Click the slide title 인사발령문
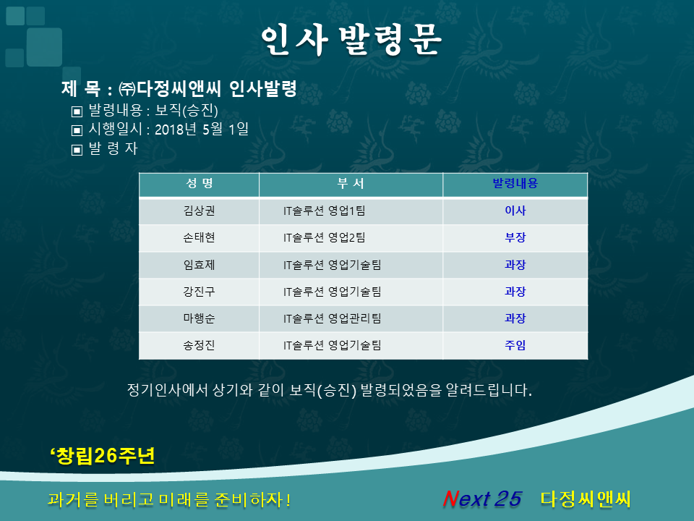[351, 40]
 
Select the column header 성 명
[200, 183]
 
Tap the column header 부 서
[351, 183]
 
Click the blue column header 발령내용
[515, 183]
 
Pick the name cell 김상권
[200, 211]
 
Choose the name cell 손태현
[200, 237]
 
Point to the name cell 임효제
[200, 265]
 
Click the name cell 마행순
[200, 318]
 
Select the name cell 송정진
[200, 345]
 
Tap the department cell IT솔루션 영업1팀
[325, 211]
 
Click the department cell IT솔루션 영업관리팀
[333, 318]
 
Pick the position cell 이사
[515, 211]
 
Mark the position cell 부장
[515, 237]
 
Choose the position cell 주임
[515, 345]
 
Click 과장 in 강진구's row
[515, 292]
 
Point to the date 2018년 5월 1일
[202, 129]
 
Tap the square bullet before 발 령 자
[77, 150]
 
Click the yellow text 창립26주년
[106, 455]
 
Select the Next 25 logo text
[482, 499]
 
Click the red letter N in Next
[451, 499]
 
